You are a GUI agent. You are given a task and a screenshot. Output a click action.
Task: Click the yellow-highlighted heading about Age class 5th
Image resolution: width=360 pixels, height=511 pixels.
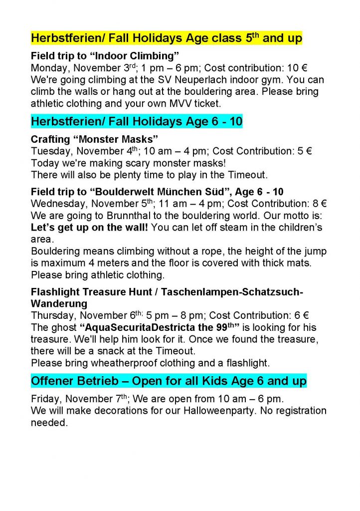click(x=167, y=38)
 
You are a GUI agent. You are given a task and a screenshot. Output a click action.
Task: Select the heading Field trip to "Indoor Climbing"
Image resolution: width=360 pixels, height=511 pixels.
click(x=105, y=55)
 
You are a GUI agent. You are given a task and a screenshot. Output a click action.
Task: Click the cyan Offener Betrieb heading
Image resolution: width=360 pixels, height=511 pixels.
click(x=169, y=382)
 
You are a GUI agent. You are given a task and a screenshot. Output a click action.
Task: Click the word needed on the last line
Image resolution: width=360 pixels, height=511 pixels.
click(x=48, y=423)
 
